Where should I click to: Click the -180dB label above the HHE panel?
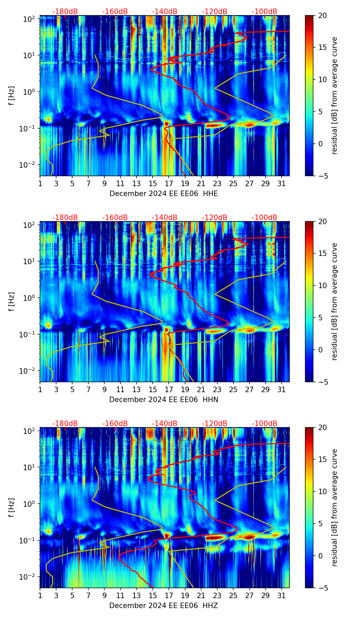[x=65, y=12]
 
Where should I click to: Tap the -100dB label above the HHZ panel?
[x=265, y=424]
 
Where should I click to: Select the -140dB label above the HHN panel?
[x=165, y=218]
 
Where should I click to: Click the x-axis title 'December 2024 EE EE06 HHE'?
[x=164, y=194]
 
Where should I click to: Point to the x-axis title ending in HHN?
[x=164, y=400]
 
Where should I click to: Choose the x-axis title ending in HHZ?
[x=164, y=606]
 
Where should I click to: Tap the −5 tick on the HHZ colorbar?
[x=321, y=588]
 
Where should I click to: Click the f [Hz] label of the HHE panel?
[x=12, y=96]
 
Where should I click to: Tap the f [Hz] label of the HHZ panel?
[x=12, y=508]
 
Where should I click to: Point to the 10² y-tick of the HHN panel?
[x=29, y=225]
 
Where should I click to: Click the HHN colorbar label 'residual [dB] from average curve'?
[x=335, y=301]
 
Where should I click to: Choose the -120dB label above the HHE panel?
[x=215, y=12]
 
